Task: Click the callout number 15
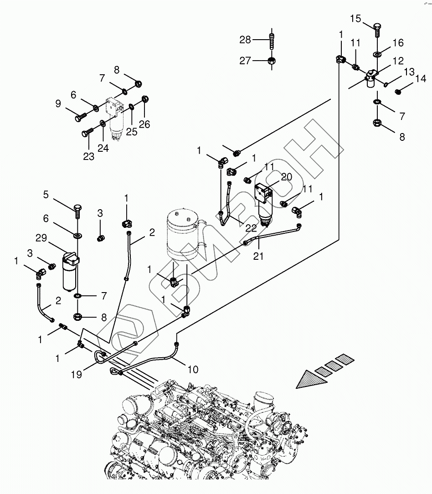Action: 355,19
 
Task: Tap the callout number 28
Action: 245,40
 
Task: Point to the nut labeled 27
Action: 272,61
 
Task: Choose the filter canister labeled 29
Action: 71,271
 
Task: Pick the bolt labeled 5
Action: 77,211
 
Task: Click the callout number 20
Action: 287,177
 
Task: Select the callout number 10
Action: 193,369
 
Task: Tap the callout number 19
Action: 76,375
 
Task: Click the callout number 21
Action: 258,256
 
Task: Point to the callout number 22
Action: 251,228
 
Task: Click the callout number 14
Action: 421,78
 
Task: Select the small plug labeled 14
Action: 398,91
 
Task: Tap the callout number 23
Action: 88,156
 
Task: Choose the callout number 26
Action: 144,124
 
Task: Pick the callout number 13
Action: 409,72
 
